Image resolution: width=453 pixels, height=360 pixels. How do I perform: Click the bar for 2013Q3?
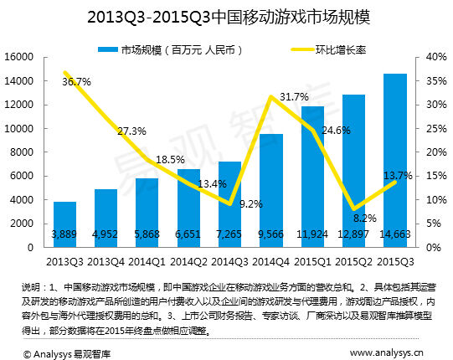tap(65, 224)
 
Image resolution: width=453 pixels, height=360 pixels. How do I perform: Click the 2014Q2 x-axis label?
tap(188, 260)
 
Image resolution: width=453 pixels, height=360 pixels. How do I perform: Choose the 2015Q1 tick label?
tap(312, 260)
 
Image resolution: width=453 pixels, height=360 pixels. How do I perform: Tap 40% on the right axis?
tap(434, 57)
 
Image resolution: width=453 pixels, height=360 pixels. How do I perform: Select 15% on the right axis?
tap(434, 177)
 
